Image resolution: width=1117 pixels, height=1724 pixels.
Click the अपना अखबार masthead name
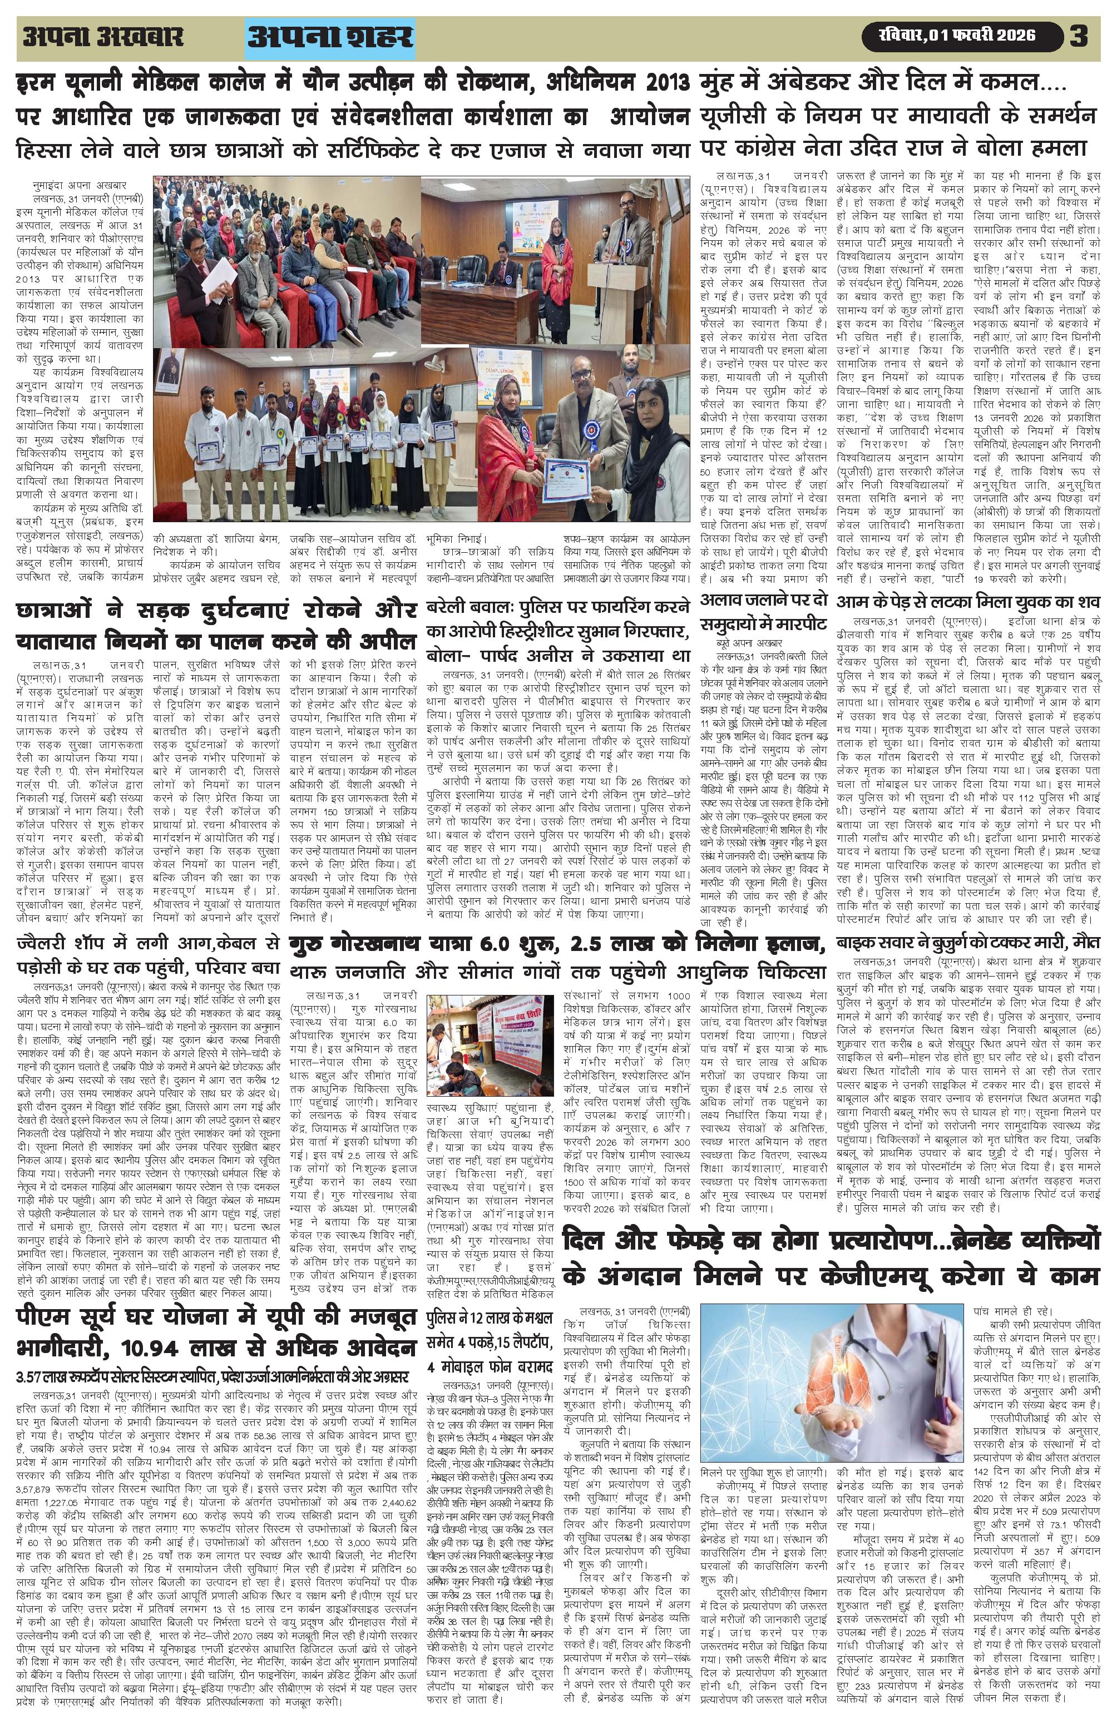point(103,37)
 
